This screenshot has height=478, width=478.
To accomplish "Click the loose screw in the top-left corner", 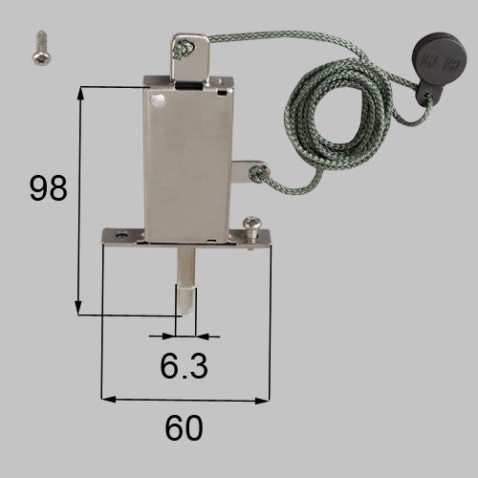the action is (x=42, y=49).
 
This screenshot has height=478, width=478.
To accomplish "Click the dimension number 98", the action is (x=49, y=188).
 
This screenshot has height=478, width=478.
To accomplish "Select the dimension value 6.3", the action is (x=184, y=366).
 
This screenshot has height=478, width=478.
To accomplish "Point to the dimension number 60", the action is (x=184, y=427).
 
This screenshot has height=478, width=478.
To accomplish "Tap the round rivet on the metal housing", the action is (x=158, y=100).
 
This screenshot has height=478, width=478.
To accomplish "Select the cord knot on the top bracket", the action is (x=183, y=49).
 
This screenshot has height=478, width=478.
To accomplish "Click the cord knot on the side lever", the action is (x=257, y=173).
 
